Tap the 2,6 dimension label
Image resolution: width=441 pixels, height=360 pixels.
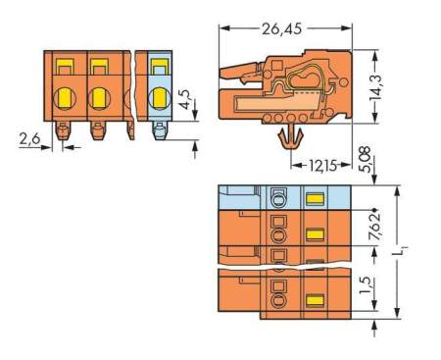[30, 141]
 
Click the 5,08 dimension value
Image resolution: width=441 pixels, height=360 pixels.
[364, 158]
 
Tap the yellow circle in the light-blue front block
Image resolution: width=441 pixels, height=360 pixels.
[160, 97]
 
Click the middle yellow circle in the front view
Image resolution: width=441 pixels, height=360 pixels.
[98, 97]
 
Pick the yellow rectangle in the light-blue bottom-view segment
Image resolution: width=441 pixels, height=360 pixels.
[315, 198]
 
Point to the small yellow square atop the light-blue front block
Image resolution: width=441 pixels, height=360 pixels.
[159, 67]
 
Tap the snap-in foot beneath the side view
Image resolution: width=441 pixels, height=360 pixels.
[291, 145]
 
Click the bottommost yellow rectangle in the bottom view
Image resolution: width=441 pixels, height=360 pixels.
[315, 299]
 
